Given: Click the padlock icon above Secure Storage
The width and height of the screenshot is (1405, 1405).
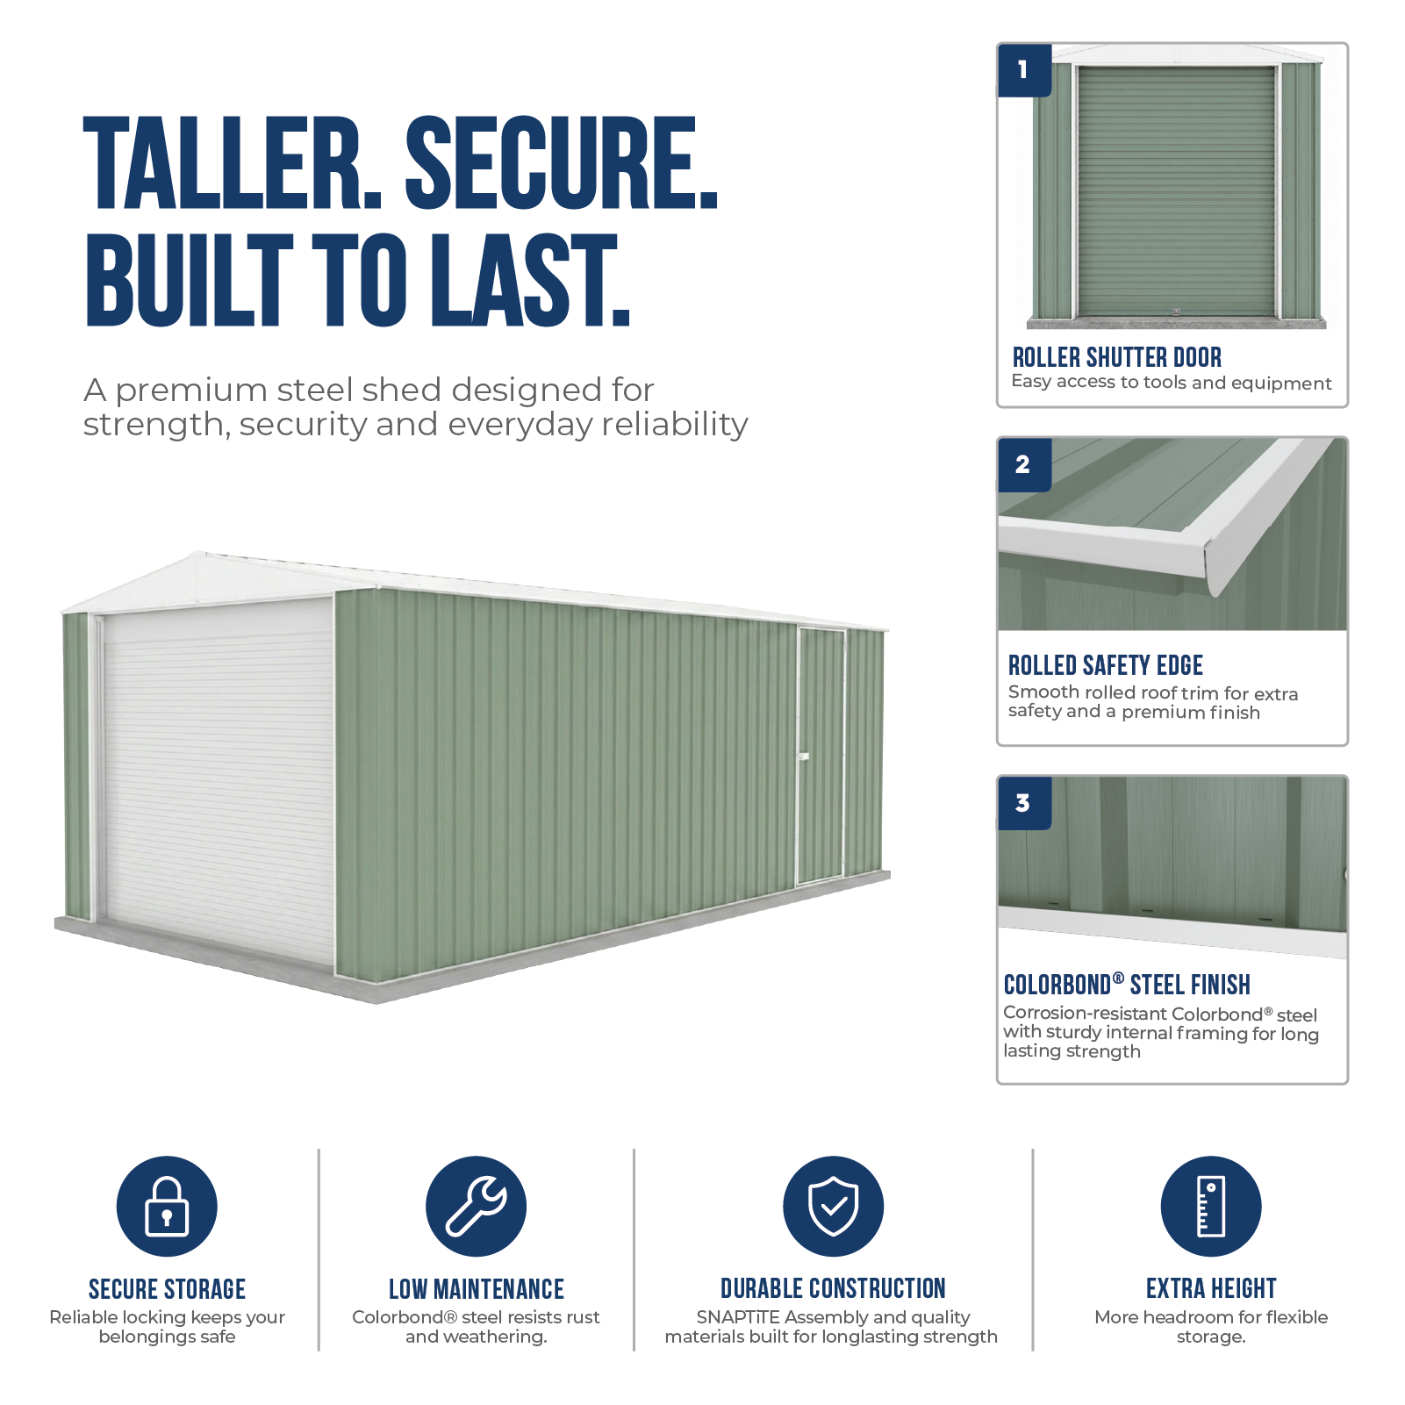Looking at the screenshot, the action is (167, 1206).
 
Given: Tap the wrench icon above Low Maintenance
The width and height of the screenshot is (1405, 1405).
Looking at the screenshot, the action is (476, 1206).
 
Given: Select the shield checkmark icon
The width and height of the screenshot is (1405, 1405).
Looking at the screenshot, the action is (833, 1206).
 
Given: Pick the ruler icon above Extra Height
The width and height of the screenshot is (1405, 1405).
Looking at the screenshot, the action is (1211, 1206).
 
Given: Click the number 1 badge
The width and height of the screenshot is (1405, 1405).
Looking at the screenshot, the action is (1024, 70).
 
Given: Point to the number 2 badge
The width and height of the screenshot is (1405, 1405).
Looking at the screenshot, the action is (1024, 464).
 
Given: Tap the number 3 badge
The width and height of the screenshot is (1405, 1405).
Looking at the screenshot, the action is (1024, 803).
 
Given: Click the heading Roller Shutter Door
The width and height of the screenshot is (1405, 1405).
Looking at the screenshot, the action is (1117, 357).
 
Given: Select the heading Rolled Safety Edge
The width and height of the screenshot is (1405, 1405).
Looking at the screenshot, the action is (1106, 665).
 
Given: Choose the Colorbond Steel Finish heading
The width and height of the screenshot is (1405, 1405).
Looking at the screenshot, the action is (1127, 985).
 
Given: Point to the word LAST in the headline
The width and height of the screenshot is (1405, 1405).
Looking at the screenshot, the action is (530, 280).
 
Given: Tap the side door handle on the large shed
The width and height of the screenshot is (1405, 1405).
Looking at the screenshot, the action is (803, 756).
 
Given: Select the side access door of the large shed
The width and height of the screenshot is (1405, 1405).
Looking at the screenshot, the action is (821, 756).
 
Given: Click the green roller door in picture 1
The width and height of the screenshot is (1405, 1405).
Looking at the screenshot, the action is (1176, 191).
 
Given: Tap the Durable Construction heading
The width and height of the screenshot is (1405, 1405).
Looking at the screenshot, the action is (833, 1288).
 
